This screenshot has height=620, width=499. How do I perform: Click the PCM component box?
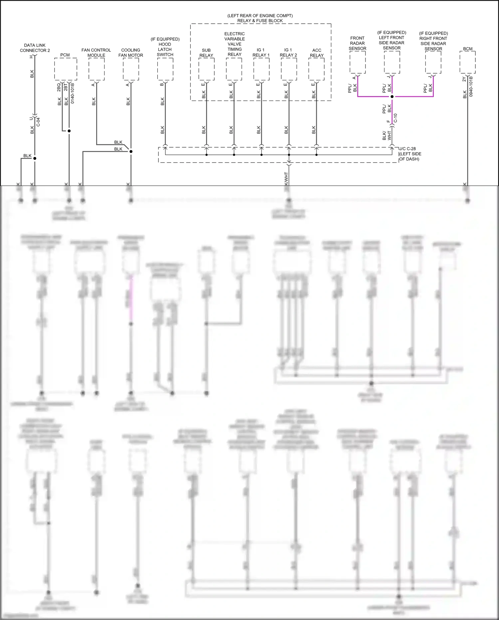tap(66, 69)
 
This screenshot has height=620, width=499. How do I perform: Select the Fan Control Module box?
tap(97, 69)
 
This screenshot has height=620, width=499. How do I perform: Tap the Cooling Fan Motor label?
tap(130, 53)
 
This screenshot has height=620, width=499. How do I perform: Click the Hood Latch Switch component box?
tap(165, 69)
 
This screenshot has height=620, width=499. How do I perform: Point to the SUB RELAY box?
tap(206, 69)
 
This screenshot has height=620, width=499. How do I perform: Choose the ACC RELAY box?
tap(317, 69)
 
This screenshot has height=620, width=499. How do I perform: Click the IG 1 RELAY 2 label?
tap(288, 53)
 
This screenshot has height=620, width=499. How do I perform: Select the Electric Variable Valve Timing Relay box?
tap(234, 69)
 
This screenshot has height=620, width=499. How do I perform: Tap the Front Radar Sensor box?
tap(358, 62)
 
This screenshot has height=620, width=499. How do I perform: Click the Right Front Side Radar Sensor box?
tap(433, 63)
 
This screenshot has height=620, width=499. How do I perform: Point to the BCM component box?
tap(468, 62)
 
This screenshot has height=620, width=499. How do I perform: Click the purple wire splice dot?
tap(392, 97)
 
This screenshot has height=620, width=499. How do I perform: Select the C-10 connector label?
tap(395, 118)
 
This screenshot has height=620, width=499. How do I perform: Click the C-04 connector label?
tap(38, 122)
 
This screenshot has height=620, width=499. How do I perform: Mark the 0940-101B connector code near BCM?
tap(471, 87)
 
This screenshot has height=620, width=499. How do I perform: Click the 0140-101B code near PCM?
tap(73, 93)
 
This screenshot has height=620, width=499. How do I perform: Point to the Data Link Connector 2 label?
tap(35, 48)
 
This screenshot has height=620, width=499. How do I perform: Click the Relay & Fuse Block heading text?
tap(260, 21)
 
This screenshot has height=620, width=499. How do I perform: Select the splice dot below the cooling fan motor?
tap(131, 151)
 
